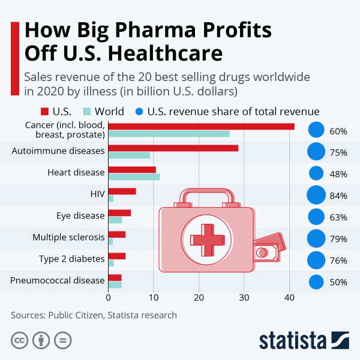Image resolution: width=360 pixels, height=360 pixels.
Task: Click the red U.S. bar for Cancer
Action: (201, 126)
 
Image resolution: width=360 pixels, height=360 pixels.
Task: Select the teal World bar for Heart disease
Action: (134, 177)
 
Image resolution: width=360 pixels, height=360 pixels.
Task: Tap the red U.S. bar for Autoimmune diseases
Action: (173, 148)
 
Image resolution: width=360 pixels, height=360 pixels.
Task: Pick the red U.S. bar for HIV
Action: (122, 191)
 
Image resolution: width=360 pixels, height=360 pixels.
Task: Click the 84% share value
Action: (338, 196)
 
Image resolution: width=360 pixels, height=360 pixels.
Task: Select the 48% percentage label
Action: (338, 174)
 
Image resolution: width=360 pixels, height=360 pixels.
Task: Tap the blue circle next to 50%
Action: (316, 282)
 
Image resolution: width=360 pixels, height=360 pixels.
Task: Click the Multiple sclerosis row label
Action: (68, 237)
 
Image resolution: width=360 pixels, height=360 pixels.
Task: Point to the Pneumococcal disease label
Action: (58, 280)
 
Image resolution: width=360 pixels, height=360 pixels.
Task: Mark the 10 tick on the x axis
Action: (154, 296)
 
